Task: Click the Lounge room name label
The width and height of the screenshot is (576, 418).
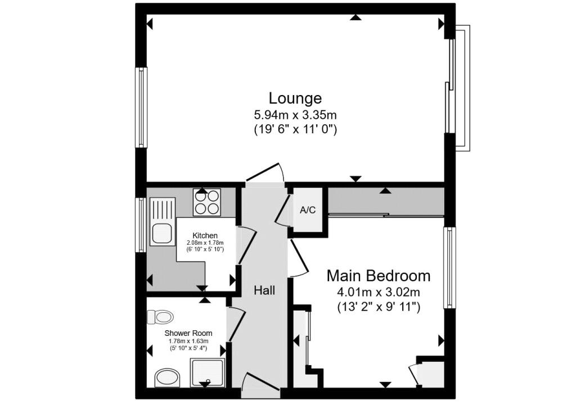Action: [x=295, y=98]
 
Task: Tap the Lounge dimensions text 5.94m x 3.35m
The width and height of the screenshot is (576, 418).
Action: [x=295, y=115]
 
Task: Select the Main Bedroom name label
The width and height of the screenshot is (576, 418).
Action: [x=379, y=276]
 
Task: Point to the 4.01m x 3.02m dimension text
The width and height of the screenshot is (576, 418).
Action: [x=379, y=293]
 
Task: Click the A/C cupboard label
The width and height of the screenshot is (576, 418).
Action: [x=308, y=210]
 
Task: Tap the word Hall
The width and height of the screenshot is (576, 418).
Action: [x=264, y=291]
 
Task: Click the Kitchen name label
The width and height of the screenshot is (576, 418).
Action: [x=205, y=236]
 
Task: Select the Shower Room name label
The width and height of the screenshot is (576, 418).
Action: [x=188, y=333]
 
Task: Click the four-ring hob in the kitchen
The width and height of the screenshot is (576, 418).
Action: [x=207, y=203]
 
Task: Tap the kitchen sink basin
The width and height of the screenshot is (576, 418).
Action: [x=162, y=233]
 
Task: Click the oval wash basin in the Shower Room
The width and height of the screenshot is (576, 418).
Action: [x=168, y=378]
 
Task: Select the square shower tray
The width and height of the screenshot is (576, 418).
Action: [x=207, y=372]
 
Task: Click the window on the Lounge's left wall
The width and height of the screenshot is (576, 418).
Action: [x=141, y=107]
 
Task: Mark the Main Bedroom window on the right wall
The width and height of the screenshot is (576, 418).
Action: [x=449, y=267]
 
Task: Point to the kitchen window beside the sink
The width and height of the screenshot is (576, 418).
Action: [x=141, y=225]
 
